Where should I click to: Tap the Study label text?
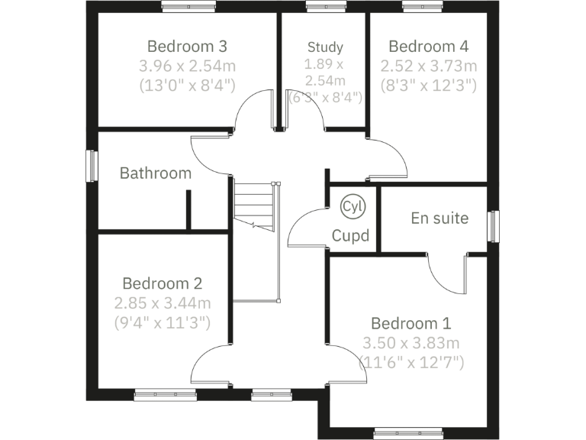[x=325, y=47]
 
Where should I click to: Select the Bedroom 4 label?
[x=428, y=45]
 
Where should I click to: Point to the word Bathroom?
[x=156, y=173]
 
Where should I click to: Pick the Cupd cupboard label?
[x=350, y=235]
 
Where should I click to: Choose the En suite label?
[x=439, y=218]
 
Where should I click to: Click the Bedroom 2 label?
[x=162, y=283]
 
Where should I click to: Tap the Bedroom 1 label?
[x=411, y=323]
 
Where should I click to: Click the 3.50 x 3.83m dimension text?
[x=411, y=343]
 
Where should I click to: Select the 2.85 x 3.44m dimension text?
[x=163, y=303]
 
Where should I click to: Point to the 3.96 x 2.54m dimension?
[x=187, y=65]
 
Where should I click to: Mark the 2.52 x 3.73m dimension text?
[x=429, y=65]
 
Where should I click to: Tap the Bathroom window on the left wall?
[x=92, y=166]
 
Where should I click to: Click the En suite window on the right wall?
[x=493, y=227]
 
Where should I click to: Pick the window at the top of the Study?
[x=317, y=7]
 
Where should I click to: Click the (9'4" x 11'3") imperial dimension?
[x=163, y=322]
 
